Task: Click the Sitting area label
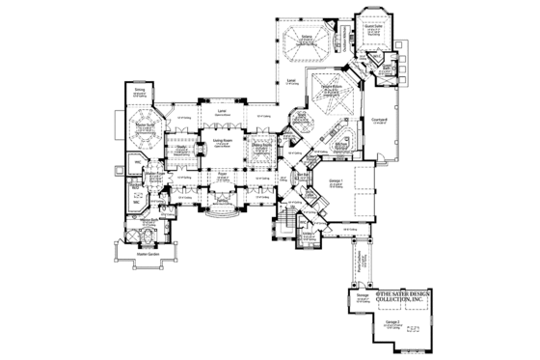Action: click(x=140, y=89)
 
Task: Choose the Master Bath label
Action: click(x=148, y=220)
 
